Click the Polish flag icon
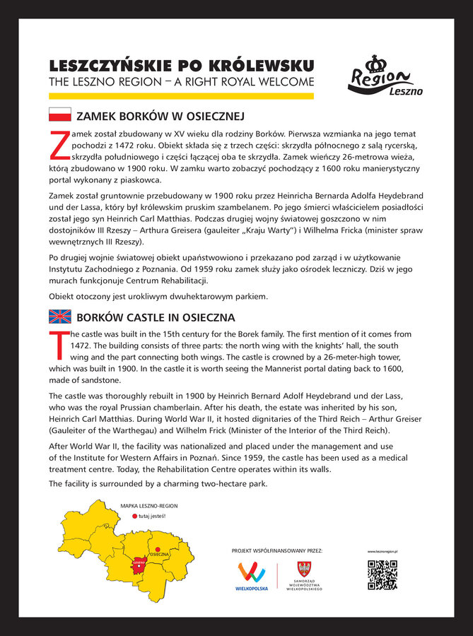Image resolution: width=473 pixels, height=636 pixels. (59, 114)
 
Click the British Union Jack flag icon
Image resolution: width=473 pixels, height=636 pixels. (59, 317)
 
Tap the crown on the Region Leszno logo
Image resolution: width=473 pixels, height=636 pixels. (379, 64)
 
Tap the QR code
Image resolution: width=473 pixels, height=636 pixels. (382, 575)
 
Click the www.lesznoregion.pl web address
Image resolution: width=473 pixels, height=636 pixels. (383, 551)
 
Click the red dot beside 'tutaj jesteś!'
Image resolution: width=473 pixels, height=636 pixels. (134, 517)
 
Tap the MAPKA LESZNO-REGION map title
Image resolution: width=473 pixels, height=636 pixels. (148, 506)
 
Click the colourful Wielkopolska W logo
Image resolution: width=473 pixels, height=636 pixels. (252, 572)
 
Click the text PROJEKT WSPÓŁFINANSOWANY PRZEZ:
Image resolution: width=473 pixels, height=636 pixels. (276, 550)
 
